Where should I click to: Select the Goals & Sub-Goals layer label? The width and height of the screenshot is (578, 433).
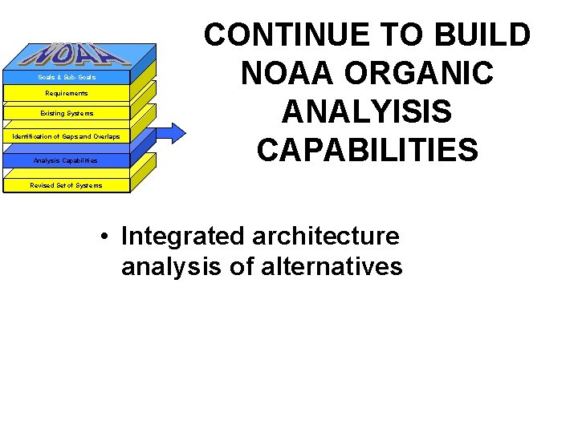click(67, 77)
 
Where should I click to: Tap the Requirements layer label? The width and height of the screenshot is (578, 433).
click(67, 94)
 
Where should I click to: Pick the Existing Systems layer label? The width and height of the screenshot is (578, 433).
click(67, 113)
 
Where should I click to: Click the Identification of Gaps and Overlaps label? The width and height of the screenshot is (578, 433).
click(67, 137)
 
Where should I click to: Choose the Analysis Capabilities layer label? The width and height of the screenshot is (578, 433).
click(66, 160)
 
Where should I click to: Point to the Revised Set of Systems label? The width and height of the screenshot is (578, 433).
click(67, 185)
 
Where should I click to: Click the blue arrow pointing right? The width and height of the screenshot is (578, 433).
click(169, 132)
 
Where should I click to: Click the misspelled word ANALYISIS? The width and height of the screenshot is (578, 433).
click(367, 111)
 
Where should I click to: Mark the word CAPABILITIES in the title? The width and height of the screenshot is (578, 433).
click(367, 150)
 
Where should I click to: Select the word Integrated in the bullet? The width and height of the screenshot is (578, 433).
click(182, 237)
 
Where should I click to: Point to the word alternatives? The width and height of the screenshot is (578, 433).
click(332, 265)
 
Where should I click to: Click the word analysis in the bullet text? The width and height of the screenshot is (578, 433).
click(172, 265)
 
